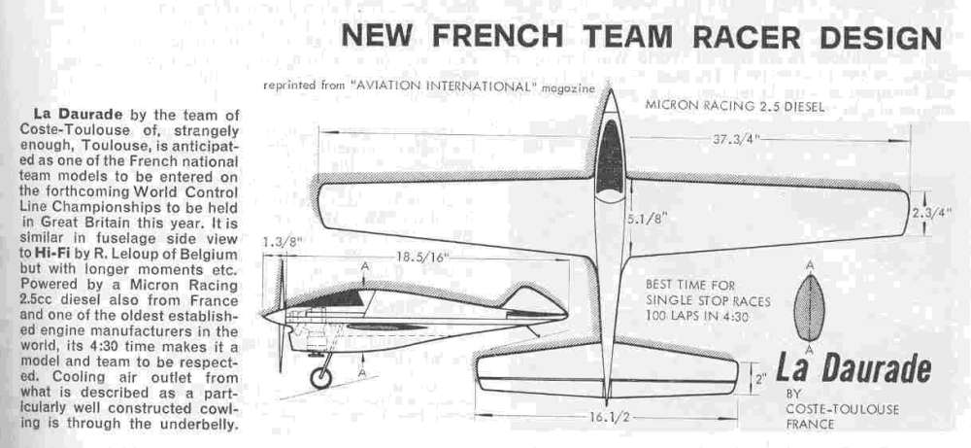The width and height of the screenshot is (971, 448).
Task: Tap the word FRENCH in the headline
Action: click(x=497, y=37)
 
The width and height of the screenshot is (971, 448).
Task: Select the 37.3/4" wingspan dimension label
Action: click(x=736, y=138)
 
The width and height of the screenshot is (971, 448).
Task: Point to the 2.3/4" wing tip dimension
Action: click(x=931, y=213)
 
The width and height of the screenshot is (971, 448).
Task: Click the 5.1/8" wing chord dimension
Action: click(x=647, y=218)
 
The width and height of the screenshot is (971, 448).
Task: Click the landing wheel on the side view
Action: click(x=320, y=377)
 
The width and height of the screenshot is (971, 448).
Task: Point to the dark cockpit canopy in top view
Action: click(x=610, y=157)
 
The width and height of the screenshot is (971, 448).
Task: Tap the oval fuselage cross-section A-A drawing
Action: click(x=810, y=307)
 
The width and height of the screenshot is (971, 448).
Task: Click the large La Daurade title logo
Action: click(x=854, y=369)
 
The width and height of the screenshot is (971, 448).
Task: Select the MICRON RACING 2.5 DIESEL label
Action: click(x=734, y=106)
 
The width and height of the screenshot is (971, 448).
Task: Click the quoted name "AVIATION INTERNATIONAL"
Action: click(x=443, y=86)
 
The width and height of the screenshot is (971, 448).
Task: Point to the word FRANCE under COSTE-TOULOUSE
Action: click(x=811, y=425)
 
